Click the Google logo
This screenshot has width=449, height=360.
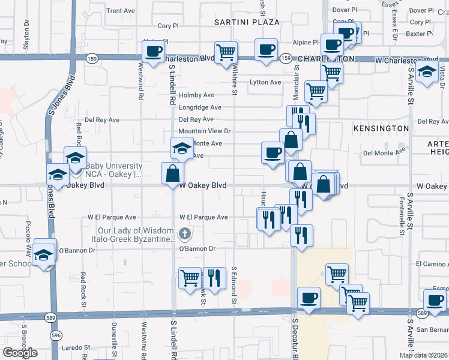coord(20,353)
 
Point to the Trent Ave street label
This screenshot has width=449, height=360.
coord(121,11)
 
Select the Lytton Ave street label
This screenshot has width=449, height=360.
coord(265,82)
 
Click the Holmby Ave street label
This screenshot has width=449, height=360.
coord(196,95)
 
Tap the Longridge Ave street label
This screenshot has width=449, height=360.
coord(200,107)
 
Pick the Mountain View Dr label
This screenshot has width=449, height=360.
coord(204,131)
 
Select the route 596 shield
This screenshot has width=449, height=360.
coord(55,335)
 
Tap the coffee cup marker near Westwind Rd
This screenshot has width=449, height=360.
coord(153,50)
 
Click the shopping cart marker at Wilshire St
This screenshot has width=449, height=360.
coord(226,52)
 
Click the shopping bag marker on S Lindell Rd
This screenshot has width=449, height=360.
coord(172,173)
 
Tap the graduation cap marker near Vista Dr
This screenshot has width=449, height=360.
coord(427,71)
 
